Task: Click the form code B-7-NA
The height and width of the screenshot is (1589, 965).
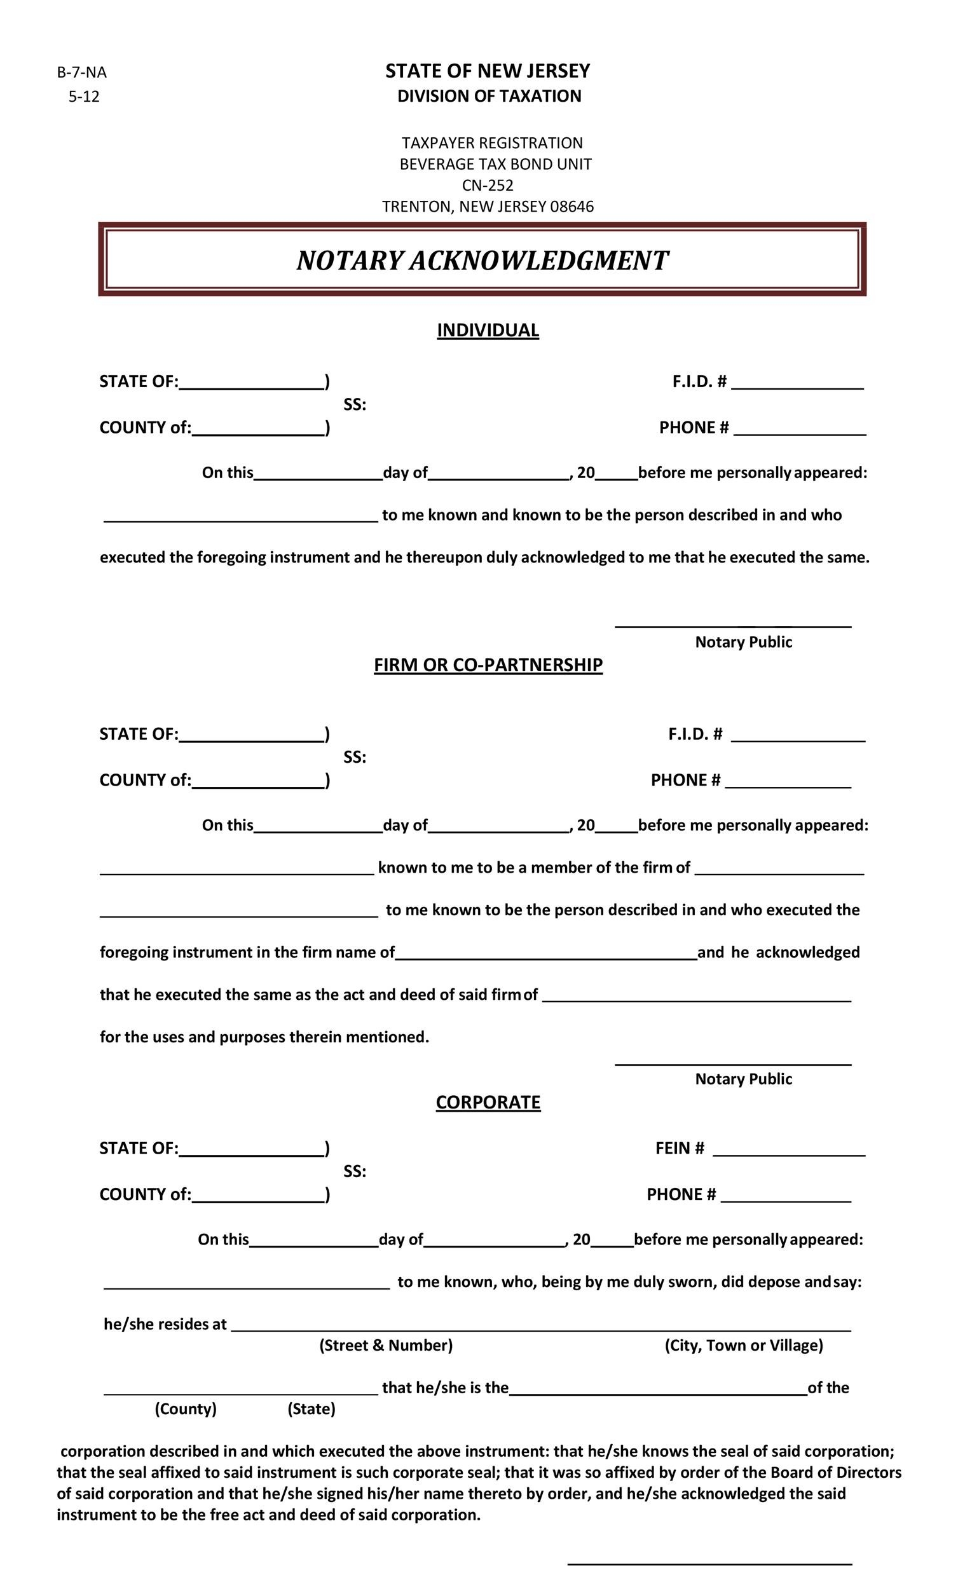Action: [81, 72]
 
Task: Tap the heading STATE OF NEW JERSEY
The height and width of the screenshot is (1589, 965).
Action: [487, 71]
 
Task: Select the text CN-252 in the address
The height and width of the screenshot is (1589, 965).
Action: [487, 186]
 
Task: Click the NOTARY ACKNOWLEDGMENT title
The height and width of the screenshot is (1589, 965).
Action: [482, 261]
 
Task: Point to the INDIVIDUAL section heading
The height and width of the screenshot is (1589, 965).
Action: [487, 330]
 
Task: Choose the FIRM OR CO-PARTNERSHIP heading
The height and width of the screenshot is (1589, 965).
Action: [488, 665]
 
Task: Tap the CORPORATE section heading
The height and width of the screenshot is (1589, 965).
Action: [488, 1102]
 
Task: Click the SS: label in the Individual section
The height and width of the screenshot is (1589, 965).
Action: [354, 405]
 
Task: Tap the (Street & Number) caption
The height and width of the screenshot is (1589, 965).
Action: [386, 1345]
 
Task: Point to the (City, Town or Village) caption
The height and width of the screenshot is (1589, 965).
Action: [743, 1345]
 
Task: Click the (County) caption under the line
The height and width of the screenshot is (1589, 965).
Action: [185, 1408]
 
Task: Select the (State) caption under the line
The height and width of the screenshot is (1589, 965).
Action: [311, 1408]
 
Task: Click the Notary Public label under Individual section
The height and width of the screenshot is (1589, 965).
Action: [743, 643]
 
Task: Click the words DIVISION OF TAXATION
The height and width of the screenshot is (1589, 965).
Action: [488, 96]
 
